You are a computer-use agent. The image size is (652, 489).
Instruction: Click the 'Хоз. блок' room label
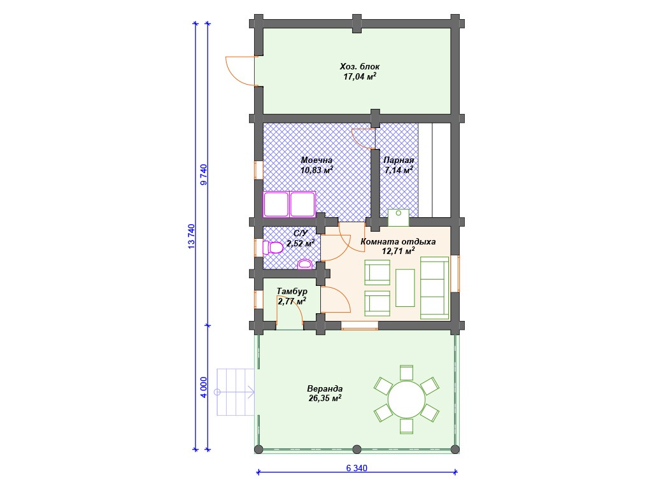[360, 66]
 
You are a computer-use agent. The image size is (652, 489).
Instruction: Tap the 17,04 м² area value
[360, 76]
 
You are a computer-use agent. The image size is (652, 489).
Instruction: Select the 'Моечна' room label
[316, 160]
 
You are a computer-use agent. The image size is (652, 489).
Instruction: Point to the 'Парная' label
[399, 160]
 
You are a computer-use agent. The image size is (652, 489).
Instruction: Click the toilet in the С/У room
[273, 248]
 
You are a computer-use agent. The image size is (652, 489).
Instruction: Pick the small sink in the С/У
[305, 264]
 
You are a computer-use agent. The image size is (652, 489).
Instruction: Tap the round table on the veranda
[406, 399]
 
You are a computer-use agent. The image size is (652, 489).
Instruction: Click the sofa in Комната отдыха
[434, 288]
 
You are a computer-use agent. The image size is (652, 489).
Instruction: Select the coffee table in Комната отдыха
[405, 288]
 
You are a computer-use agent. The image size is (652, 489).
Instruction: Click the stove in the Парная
[399, 218]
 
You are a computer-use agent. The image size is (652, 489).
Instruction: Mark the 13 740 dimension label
[191, 236]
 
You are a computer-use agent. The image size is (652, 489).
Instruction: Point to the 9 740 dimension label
[203, 174]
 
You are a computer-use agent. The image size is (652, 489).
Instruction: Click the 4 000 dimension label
[203, 387]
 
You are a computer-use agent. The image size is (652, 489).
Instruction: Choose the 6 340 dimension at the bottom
[357, 468]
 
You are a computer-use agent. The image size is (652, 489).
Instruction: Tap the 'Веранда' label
[325, 389]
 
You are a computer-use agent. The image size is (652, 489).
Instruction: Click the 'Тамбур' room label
[292, 291]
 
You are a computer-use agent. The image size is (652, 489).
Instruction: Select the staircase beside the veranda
[236, 392]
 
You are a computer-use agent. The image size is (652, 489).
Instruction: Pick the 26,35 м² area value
[325, 399]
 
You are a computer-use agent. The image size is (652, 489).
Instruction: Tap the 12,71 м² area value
[399, 251]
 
